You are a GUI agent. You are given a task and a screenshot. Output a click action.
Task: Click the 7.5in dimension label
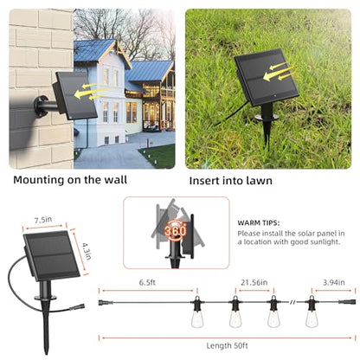click(43, 220)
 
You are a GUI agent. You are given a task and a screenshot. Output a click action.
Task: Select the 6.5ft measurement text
click(147, 282)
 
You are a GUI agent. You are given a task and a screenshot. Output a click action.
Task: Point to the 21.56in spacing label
click(254, 282)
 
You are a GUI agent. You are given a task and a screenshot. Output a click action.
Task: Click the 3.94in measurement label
click(334, 282)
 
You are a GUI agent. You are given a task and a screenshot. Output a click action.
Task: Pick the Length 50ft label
click(227, 345)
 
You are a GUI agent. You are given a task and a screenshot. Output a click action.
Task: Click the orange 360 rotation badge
click(176, 230)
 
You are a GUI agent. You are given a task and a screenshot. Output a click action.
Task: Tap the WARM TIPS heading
click(259, 223)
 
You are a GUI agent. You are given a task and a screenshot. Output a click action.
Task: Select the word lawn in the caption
click(260, 181)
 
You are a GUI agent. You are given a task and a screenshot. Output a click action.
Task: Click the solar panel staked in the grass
click(266, 77)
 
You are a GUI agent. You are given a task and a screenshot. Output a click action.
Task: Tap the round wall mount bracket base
click(41, 106)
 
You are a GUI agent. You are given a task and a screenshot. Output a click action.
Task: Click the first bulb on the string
click(197, 312)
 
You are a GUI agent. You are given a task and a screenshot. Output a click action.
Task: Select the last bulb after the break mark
click(312, 312)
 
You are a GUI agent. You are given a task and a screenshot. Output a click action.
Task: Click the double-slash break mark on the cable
click(292, 302)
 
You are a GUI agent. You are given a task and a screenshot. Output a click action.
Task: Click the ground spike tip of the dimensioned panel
click(46, 354)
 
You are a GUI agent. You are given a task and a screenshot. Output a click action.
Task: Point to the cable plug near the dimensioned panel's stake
click(77, 306)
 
